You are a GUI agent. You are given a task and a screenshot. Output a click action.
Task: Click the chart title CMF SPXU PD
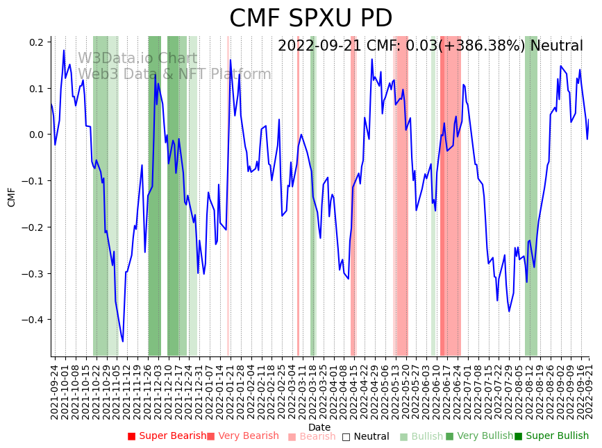point(310,19)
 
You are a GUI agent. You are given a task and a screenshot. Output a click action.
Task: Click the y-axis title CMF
point(12,197)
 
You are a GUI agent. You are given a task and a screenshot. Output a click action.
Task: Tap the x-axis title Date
point(319,427)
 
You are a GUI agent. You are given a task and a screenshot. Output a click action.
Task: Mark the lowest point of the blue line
point(123,341)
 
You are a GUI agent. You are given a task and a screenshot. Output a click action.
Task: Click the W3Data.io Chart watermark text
point(137,58)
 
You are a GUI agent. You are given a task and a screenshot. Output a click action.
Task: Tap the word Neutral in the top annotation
point(556,46)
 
